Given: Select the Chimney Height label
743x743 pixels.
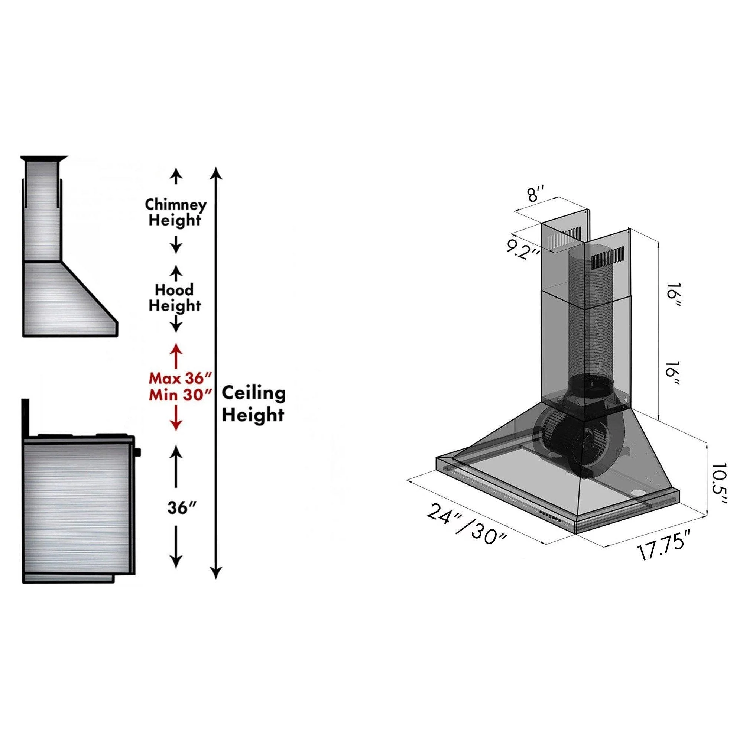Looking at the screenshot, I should [x=175, y=212].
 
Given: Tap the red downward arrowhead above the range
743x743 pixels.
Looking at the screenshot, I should [x=176, y=424].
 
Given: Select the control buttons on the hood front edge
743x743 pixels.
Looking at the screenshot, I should [x=551, y=517].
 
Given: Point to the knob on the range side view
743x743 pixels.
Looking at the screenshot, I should [x=138, y=451].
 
